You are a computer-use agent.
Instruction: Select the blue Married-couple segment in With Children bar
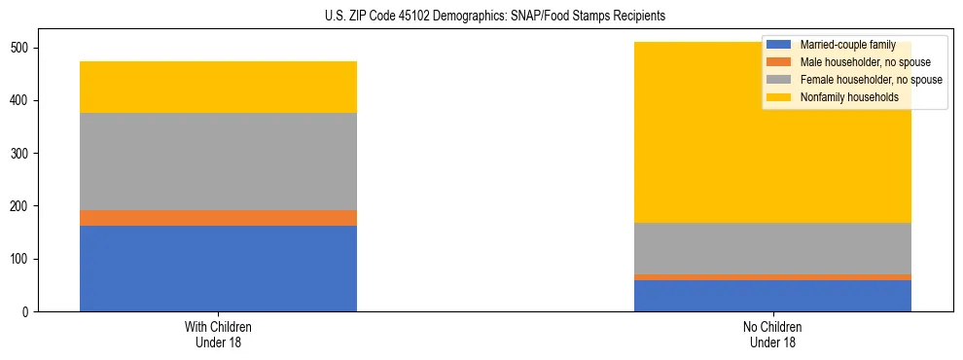pyautogui.click(x=218, y=269)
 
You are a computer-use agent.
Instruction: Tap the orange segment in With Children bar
pyautogui.click(x=218, y=218)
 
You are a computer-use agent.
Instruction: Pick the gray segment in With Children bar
pyautogui.click(x=218, y=162)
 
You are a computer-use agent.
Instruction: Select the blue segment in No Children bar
pyautogui.click(x=772, y=296)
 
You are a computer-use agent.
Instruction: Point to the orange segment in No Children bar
pyautogui.click(x=772, y=277)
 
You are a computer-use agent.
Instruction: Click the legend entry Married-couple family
pyautogui.click(x=846, y=45)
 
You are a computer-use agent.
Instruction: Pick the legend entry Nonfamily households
pyautogui.click(x=848, y=97)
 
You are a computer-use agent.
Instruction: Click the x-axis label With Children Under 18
pyautogui.click(x=218, y=334)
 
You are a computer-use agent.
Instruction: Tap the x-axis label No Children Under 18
pyautogui.click(x=772, y=334)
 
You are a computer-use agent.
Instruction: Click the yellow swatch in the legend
pyautogui.click(x=779, y=97)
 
